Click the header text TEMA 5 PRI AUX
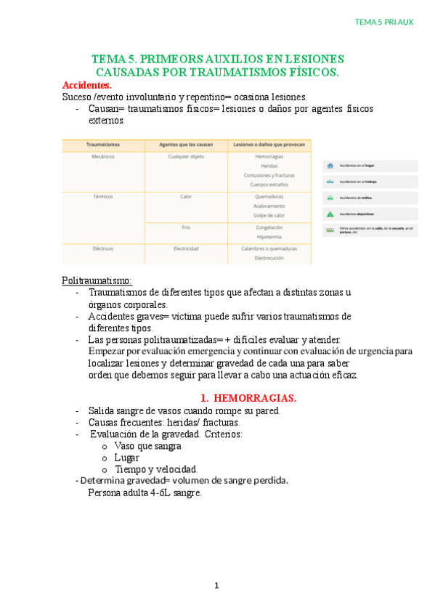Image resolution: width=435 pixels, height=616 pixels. (383, 22)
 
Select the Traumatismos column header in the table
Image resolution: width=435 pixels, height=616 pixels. (103, 145)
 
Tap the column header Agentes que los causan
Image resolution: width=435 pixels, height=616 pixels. (185, 145)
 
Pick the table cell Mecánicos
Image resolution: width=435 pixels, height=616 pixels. (103, 156)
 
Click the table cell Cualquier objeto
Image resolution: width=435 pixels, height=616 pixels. (185, 156)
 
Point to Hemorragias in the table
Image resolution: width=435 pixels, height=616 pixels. (269, 156)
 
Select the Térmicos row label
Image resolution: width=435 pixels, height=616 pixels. (103, 197)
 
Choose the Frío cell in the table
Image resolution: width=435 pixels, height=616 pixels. (186, 227)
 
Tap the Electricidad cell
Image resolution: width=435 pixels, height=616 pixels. (185, 248)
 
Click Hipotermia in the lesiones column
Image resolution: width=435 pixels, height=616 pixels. (269, 237)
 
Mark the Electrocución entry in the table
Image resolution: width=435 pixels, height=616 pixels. (269, 258)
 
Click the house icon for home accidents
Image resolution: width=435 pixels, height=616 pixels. (330, 165)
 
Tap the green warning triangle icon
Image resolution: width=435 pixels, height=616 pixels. (330, 214)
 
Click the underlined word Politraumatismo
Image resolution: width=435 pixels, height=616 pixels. (97, 280)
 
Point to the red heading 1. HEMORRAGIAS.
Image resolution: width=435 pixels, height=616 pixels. (248, 398)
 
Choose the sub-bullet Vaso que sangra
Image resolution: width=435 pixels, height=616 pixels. (147, 445)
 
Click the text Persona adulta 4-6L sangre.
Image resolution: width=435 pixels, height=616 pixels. (145, 493)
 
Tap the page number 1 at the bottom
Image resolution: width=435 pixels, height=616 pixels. (216, 585)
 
